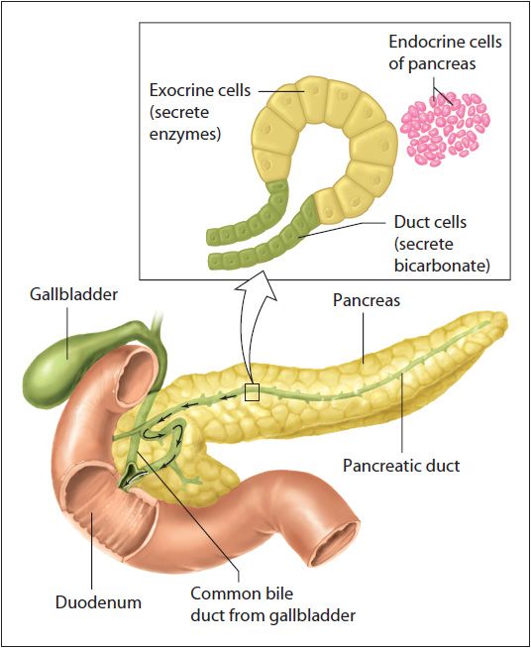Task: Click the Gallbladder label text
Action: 73,294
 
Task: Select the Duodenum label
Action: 98,602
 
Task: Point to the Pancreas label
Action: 367,300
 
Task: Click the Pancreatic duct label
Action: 401,466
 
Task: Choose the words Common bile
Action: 242,594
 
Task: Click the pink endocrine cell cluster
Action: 445,129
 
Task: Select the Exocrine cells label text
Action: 200,90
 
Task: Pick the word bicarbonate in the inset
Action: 442,266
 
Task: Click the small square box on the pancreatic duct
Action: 252,392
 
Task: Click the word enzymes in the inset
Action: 185,135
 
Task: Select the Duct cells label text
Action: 430,222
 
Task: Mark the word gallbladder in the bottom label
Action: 310,615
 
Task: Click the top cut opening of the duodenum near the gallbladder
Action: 137,377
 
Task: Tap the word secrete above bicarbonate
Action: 424,245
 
